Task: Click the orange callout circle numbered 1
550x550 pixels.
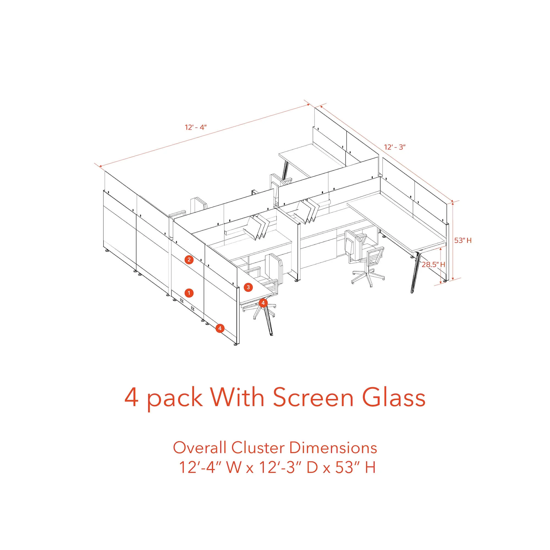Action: [x=189, y=293]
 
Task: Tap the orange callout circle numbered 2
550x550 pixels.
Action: [x=189, y=260]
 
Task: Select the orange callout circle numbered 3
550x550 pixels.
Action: [x=248, y=287]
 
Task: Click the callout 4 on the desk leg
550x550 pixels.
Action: [x=263, y=303]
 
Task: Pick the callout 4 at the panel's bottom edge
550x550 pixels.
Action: [x=220, y=328]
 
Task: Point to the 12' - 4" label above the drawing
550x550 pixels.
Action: [x=196, y=127]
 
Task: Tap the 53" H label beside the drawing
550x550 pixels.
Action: [x=463, y=241]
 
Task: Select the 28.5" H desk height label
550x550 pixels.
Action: [x=433, y=264]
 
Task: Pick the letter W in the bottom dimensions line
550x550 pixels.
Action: [x=234, y=468]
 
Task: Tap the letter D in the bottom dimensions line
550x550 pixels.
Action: [x=312, y=468]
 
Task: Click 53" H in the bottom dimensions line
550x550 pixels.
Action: [x=356, y=468]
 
